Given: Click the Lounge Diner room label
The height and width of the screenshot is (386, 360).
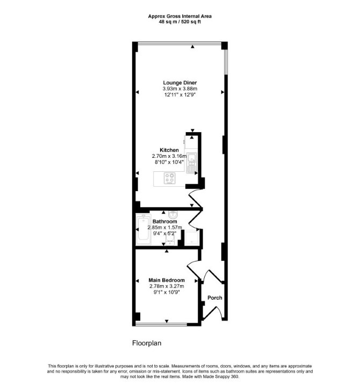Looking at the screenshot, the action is (x=180, y=83).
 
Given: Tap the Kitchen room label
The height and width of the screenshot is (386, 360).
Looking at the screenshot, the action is (x=169, y=150).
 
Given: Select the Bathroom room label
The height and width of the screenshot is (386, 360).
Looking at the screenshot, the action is (x=164, y=221).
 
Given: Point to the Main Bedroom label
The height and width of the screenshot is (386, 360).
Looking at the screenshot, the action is (x=167, y=280).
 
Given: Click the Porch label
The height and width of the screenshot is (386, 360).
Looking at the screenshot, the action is (x=214, y=298).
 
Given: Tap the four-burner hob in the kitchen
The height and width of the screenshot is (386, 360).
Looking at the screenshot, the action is (x=170, y=178).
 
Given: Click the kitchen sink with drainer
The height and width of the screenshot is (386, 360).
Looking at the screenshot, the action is (x=191, y=163).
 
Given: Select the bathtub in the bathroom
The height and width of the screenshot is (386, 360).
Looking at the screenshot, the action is (x=143, y=229).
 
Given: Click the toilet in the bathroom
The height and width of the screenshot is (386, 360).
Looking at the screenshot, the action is (x=170, y=240).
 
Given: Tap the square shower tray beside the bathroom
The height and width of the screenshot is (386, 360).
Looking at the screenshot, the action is (x=191, y=238).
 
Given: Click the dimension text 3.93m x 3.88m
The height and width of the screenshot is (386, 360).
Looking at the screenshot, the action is (x=180, y=89).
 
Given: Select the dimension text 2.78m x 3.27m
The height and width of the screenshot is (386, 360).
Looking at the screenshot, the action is (x=167, y=286).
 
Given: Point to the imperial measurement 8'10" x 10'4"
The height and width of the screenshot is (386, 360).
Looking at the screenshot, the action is (x=169, y=162).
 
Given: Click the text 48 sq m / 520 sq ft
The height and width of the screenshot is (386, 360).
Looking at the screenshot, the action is (x=180, y=21).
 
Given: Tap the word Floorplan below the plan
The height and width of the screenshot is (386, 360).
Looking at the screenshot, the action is (x=147, y=343).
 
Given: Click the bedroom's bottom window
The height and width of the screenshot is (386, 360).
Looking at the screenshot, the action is (x=161, y=325).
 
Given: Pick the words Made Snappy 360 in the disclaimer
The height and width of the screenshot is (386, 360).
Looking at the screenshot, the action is (x=220, y=377).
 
